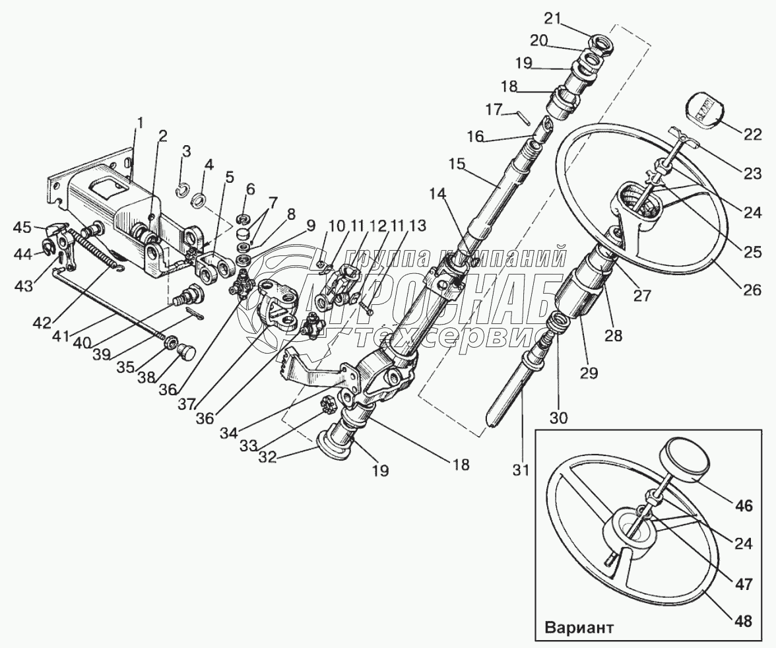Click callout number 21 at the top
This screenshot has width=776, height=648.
(552, 17)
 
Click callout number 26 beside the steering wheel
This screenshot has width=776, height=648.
(752, 289)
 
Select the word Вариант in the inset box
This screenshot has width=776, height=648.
(579, 627)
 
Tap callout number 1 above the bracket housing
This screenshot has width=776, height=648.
(140, 122)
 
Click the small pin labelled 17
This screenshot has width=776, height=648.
(522, 117)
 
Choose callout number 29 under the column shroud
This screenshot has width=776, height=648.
(589, 373)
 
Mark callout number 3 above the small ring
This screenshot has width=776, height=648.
(187, 151)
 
